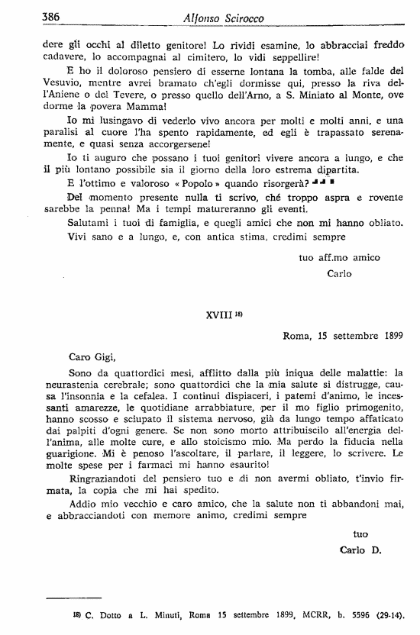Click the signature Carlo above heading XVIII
(x=339, y=273)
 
